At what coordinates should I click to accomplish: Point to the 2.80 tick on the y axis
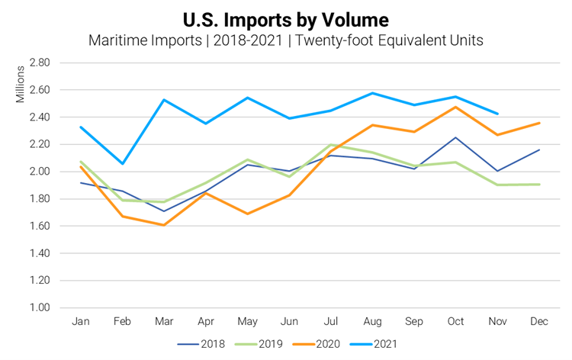[x=39, y=63]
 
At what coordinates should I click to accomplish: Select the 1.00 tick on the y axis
[x=39, y=308]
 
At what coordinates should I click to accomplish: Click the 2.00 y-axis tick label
[x=39, y=172]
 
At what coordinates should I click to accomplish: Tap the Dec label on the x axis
[x=538, y=322]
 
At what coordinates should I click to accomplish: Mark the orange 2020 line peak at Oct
[x=455, y=107]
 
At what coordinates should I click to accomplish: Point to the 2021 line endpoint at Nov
[x=497, y=114]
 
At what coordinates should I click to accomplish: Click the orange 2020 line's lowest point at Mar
[x=163, y=225]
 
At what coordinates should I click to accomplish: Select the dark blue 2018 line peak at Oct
[x=455, y=137]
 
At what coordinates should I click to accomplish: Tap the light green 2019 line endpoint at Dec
[x=539, y=185]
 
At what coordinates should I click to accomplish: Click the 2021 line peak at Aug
[x=372, y=93]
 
